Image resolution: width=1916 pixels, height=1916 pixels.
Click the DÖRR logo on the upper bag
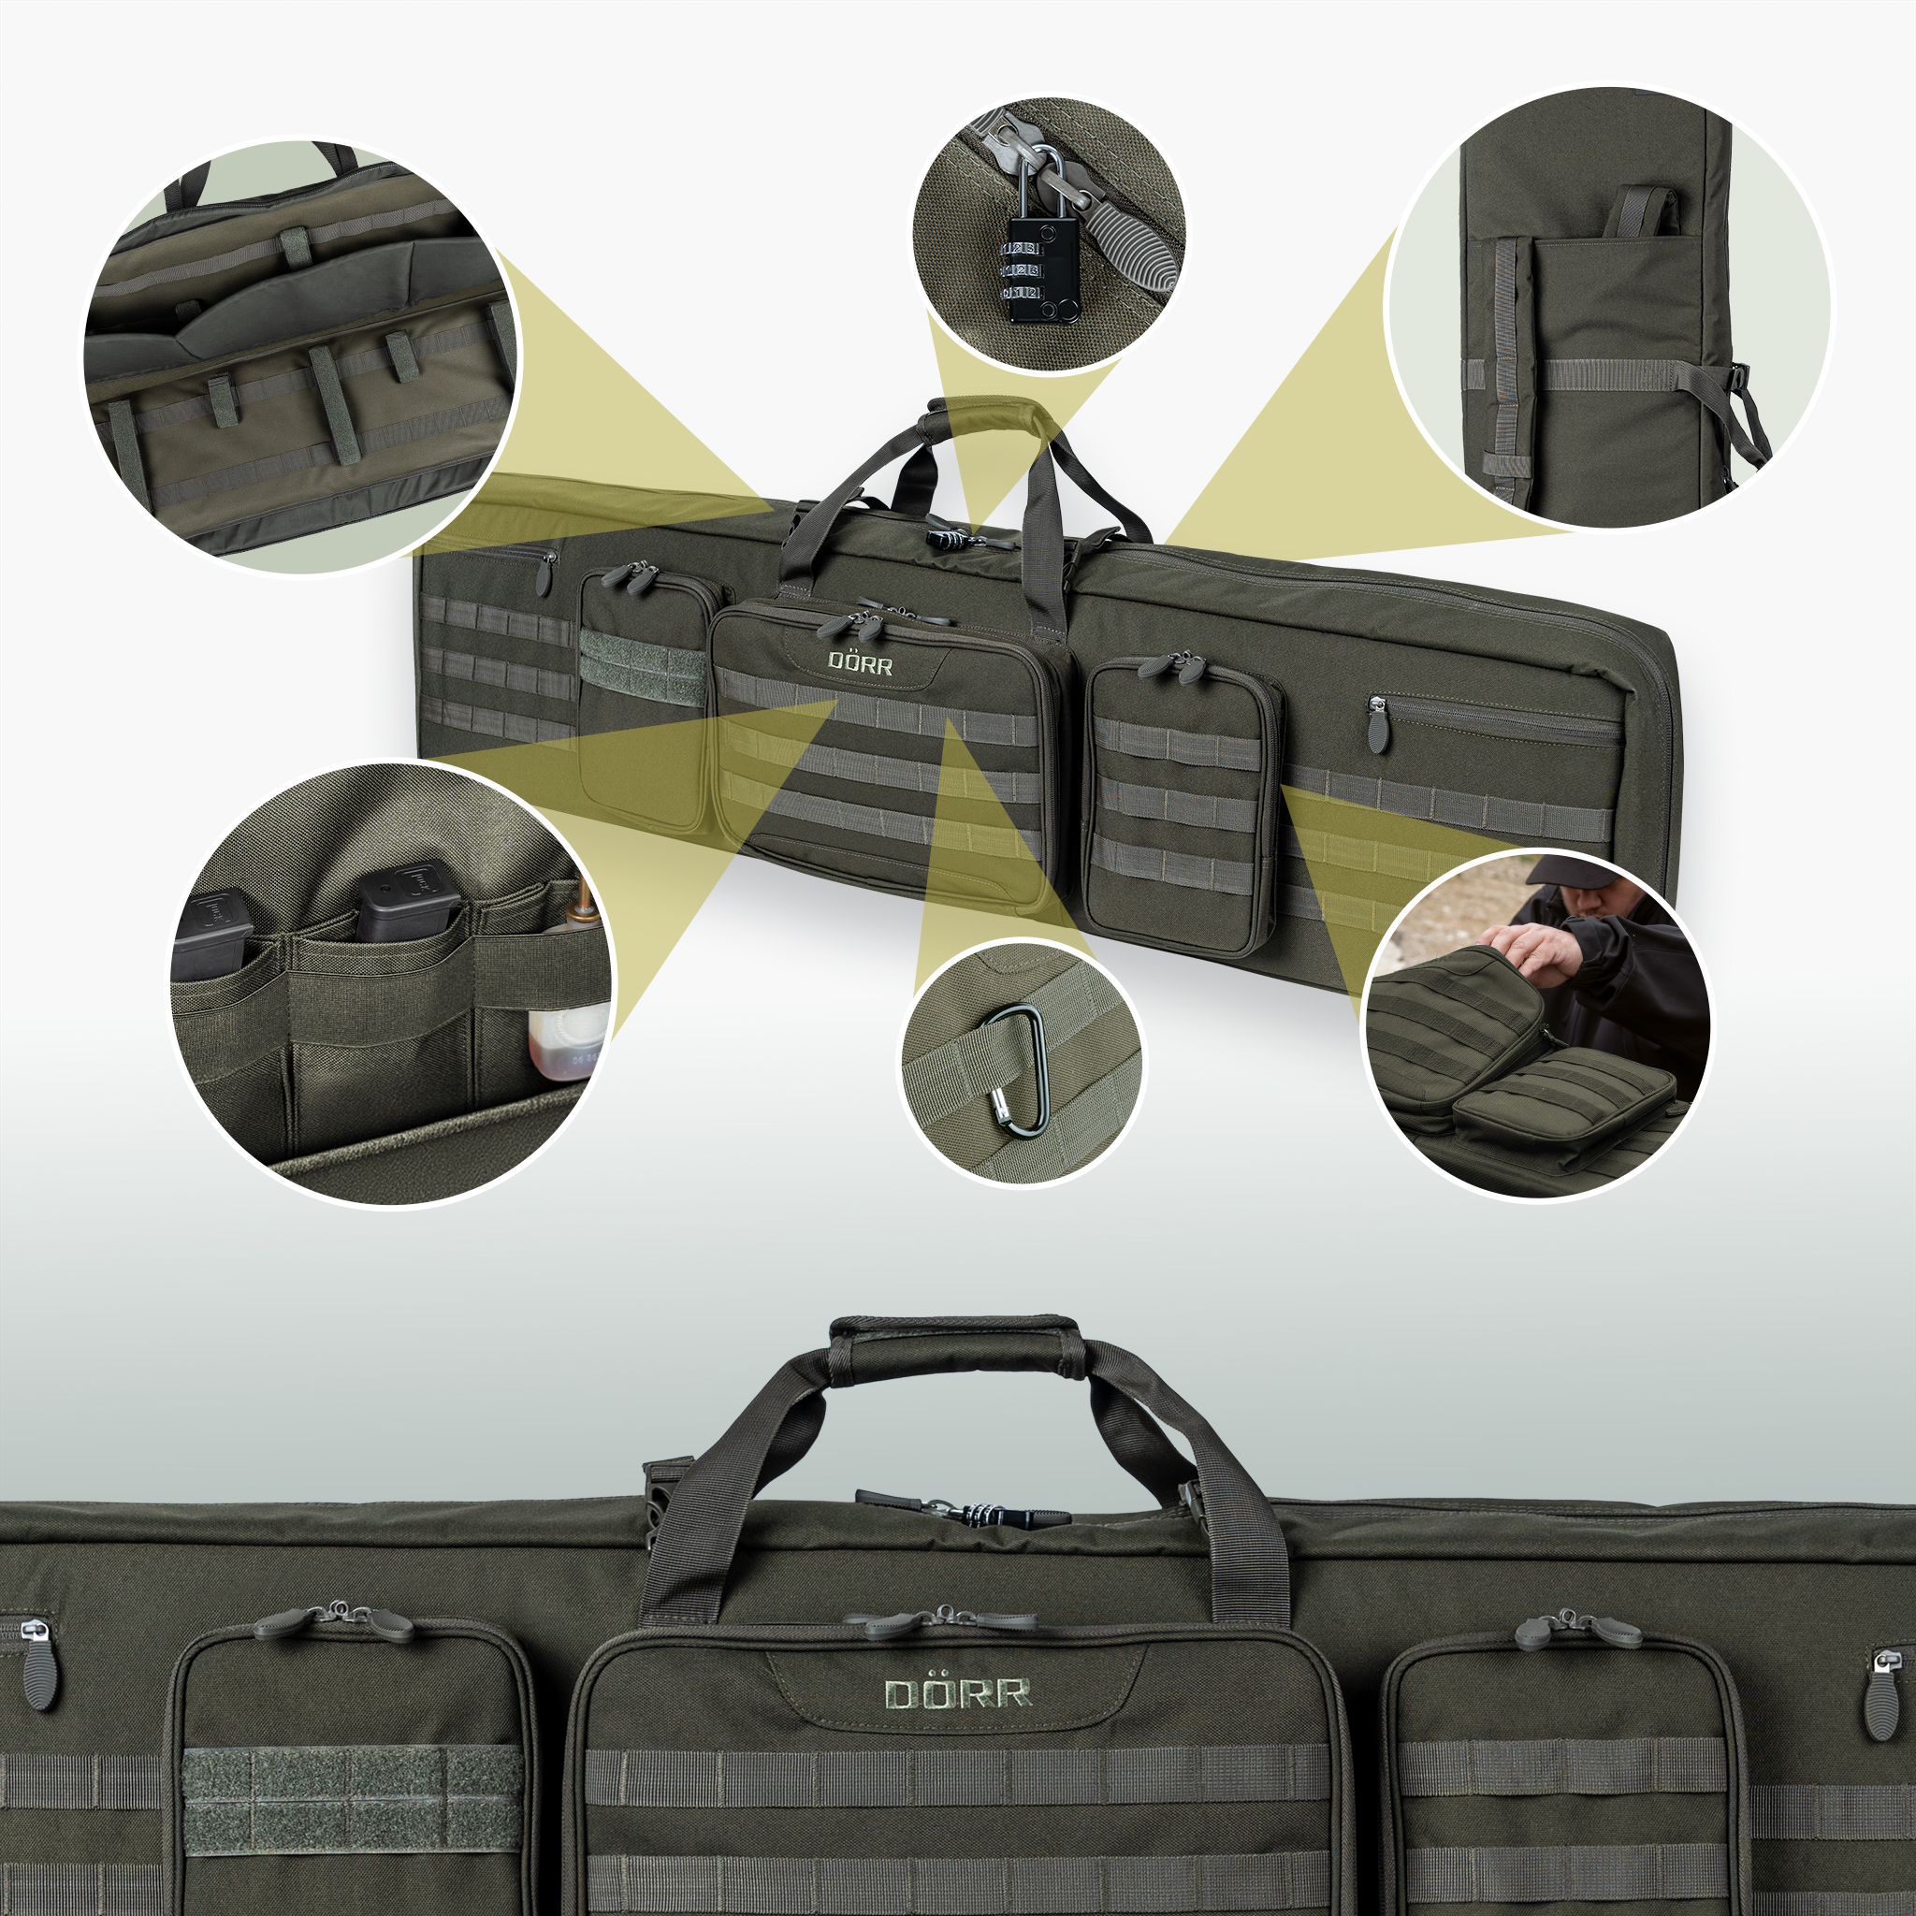tap(860, 662)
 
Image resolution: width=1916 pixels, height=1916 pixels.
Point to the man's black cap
tap(1568, 873)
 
